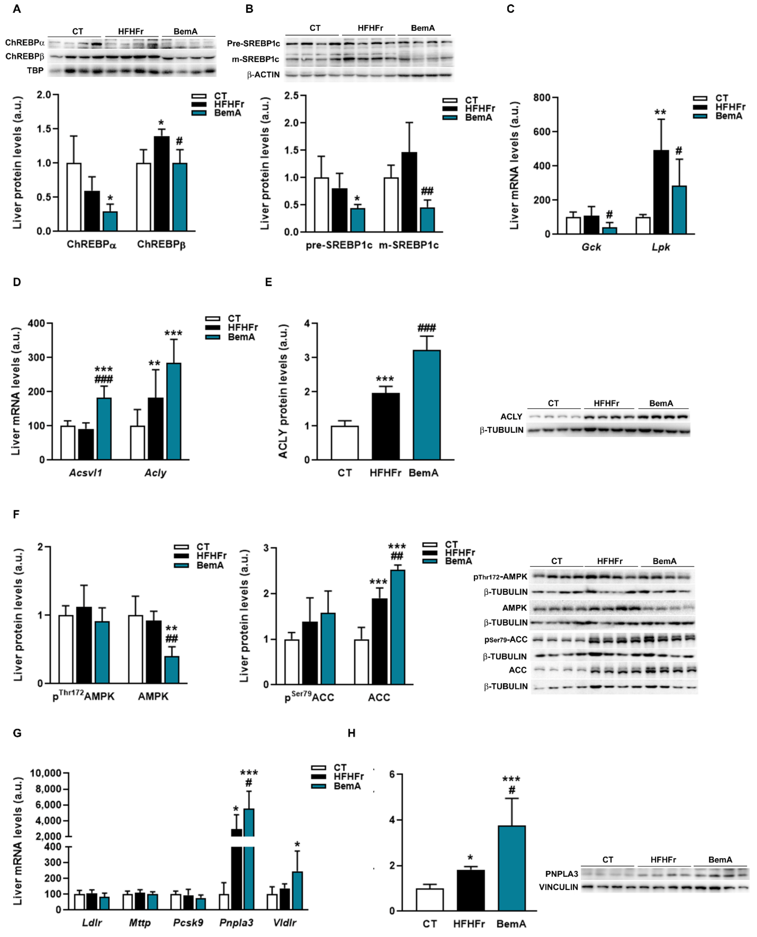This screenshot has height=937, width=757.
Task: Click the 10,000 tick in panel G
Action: pos(45,773)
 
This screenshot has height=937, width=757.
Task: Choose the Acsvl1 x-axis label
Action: pos(86,473)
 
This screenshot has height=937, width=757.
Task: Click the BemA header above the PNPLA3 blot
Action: pos(720,859)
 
